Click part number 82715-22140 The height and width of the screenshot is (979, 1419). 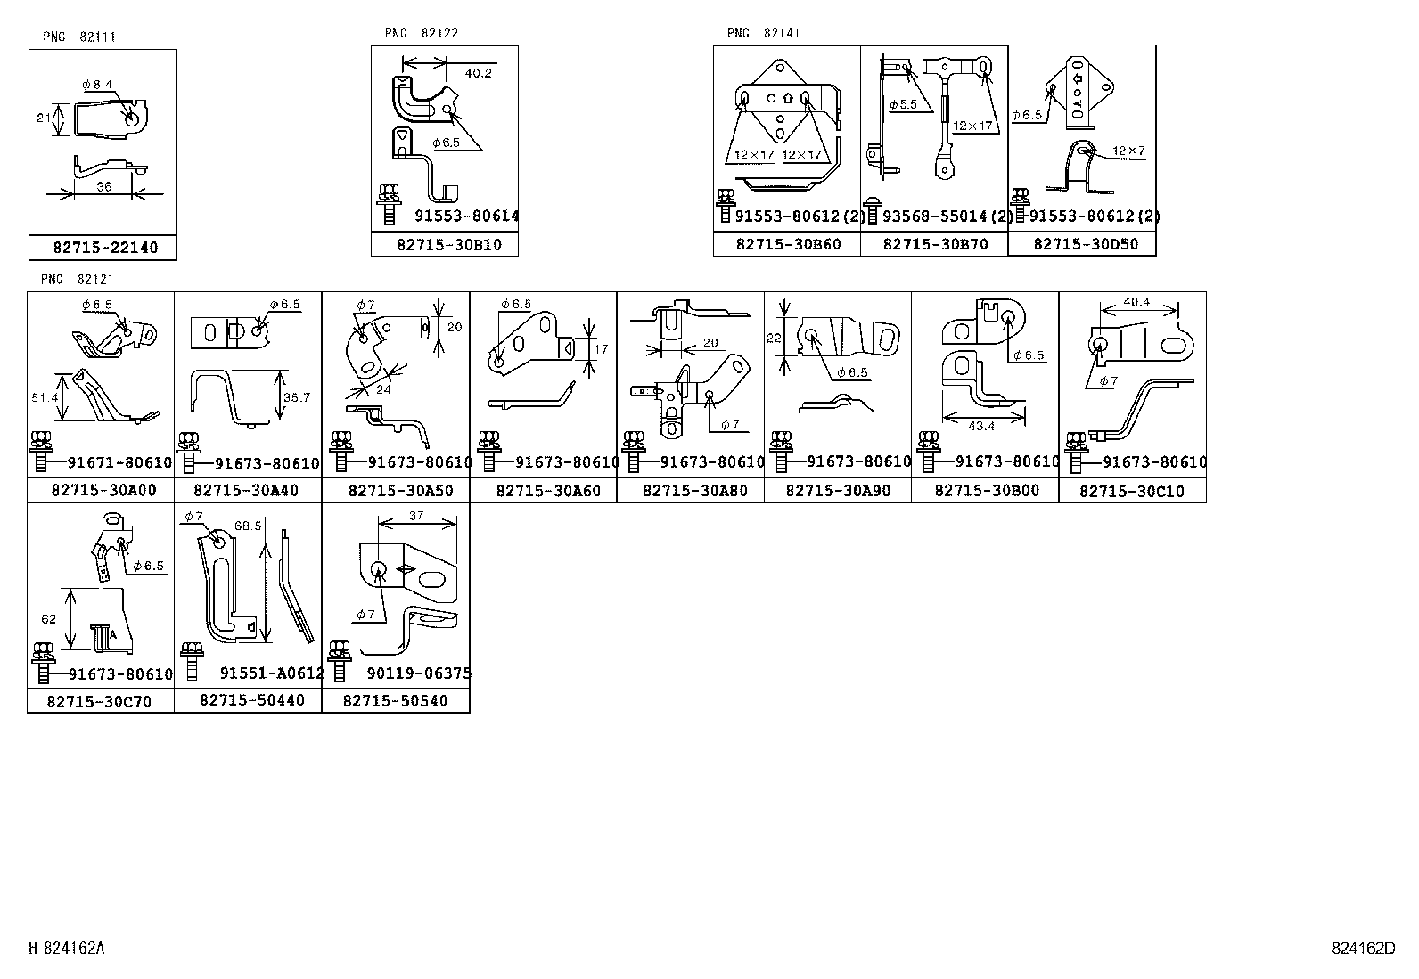click(104, 248)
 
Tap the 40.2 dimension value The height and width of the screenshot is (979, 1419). click(478, 73)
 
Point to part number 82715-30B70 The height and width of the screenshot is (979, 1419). click(935, 244)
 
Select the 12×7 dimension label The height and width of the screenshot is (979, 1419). click(1128, 151)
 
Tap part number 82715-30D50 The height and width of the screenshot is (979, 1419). click(1085, 244)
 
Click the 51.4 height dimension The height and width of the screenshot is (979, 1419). click(44, 398)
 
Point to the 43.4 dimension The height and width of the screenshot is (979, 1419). click(980, 426)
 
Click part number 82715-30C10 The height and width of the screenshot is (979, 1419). click(1132, 491)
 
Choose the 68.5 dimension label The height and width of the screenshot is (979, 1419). click(247, 526)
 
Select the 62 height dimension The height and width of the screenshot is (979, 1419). click(48, 619)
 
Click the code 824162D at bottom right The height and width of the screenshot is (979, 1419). click(1363, 949)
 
